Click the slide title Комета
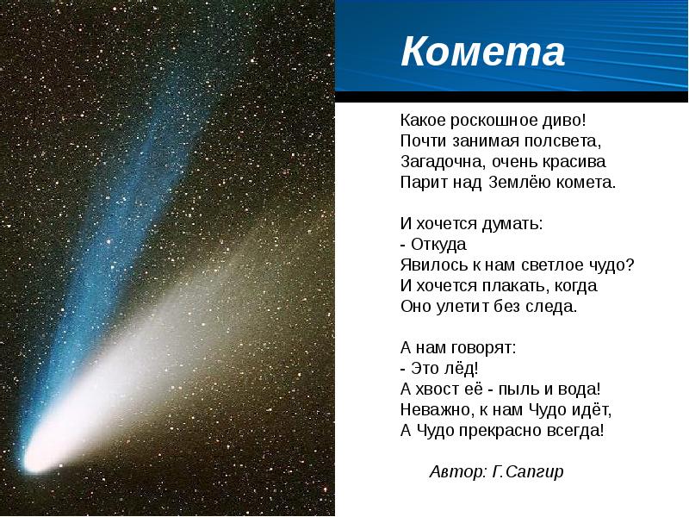482,52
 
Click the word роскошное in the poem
493,121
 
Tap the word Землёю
519,182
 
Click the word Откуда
438,245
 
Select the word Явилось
434,265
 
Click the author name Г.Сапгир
528,472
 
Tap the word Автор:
458,471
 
